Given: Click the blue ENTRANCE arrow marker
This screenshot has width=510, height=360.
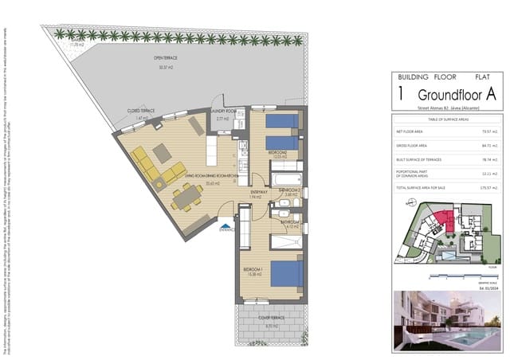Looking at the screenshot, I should pyautogui.click(x=228, y=226).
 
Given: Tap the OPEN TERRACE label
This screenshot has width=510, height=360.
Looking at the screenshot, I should pyautogui.click(x=166, y=59).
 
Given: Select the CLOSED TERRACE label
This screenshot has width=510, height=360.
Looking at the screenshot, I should pyautogui.click(x=140, y=111).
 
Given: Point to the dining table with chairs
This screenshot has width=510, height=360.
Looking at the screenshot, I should pyautogui.click(x=185, y=196).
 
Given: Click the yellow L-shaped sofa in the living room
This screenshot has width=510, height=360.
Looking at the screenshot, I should pyautogui.click(x=151, y=167).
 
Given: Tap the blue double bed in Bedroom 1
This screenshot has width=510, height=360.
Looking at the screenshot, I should pyautogui.click(x=285, y=273).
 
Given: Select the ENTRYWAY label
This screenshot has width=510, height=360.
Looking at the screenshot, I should pyautogui.click(x=259, y=192).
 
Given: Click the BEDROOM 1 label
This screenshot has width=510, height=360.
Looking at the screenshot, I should pyautogui.click(x=253, y=270).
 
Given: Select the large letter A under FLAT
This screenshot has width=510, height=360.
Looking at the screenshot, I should pyautogui.click(x=491, y=93).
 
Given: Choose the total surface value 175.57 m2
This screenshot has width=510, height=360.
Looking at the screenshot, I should pyautogui.click(x=488, y=188).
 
